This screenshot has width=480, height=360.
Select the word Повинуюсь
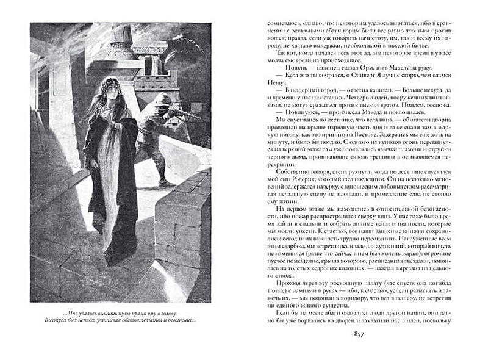[296, 131]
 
